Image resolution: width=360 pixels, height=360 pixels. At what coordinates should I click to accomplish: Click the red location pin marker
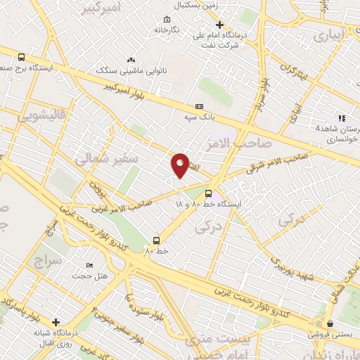coord(181,165)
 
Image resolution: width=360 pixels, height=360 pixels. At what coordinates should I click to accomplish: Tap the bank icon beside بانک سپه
coord(199,106)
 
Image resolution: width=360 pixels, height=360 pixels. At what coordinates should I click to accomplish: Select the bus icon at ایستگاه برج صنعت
coord(21,58)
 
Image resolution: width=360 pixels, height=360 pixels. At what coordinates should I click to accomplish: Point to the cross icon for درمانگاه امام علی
coord(220,25)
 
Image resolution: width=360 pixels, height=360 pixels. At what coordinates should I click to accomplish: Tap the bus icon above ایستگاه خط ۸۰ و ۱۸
coord(208,193)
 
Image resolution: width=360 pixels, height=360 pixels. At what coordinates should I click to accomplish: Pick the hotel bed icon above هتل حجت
coord(89,264)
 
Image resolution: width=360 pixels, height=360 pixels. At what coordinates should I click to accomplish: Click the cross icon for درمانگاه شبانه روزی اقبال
coord(56,323)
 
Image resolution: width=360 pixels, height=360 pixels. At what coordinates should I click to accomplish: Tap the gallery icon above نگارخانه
coord(166,19)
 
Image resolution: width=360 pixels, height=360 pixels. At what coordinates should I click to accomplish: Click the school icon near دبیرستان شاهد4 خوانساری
coord(342,118)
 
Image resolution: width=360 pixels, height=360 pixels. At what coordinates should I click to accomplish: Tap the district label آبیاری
coord(330,34)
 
